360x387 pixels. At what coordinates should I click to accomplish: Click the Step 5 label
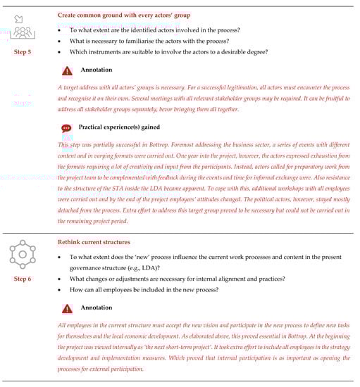click(x=23, y=52)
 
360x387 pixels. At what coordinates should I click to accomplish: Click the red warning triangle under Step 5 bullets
click(x=67, y=71)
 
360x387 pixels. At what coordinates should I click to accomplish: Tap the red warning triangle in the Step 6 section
click(x=67, y=308)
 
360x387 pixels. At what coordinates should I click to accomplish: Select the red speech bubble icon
click(x=67, y=128)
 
